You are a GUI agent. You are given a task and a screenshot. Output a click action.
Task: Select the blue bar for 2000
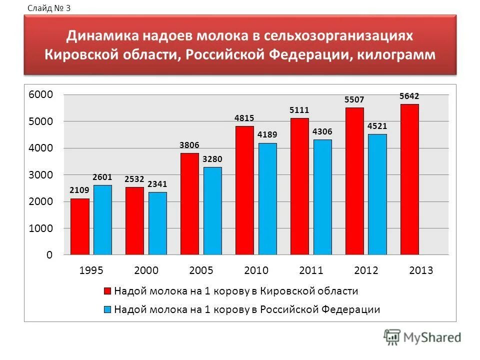click(x=157, y=223)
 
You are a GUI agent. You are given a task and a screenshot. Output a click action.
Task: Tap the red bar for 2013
click(x=409, y=179)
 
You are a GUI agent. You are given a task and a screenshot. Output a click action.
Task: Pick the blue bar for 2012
click(x=377, y=194)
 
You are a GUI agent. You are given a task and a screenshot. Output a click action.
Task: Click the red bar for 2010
click(x=244, y=190)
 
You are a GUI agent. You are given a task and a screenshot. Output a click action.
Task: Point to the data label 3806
click(x=189, y=145)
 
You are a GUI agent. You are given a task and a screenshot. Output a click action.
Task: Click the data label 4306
click(x=322, y=131)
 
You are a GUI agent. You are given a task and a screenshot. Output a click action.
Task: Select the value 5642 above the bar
click(x=409, y=96)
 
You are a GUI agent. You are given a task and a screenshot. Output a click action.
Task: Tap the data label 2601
click(x=102, y=177)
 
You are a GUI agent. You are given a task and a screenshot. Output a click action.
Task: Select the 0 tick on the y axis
click(x=49, y=255)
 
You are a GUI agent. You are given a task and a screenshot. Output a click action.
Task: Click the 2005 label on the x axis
click(x=201, y=271)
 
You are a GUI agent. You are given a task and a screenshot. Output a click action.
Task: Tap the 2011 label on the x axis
click(x=311, y=271)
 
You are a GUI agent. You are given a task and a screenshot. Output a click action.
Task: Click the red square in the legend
click(x=107, y=291)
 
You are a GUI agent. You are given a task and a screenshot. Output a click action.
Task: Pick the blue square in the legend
click(x=107, y=309)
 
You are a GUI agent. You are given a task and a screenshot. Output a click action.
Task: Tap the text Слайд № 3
click(x=48, y=7)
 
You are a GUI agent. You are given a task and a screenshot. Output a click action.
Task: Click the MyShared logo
click(x=422, y=337)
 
